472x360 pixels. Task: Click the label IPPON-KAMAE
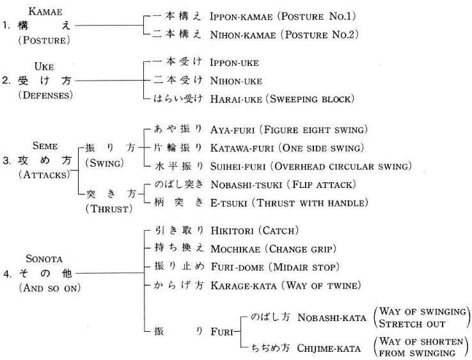coord(241,17)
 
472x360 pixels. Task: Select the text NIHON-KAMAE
coord(243,35)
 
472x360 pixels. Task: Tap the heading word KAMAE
coord(45,12)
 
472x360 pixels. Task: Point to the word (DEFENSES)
coord(45,95)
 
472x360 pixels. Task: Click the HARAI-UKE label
coord(236,99)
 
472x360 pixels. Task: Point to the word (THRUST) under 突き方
coord(109,209)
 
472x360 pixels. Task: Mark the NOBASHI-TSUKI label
coord(246,185)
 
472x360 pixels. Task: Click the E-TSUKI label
coord(229,203)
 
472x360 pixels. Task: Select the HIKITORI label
coord(232,231)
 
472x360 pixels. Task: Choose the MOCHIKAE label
coord(235,249)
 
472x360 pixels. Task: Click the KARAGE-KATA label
coord(244,286)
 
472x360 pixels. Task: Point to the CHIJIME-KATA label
coord(329,348)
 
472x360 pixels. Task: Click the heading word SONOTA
coord(44,259)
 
